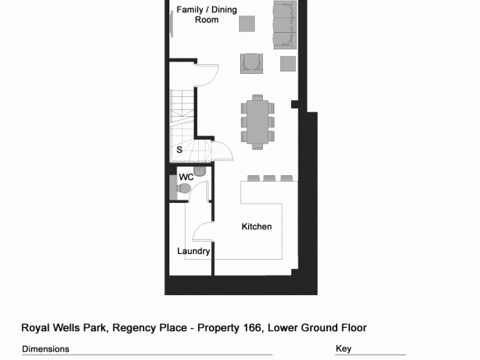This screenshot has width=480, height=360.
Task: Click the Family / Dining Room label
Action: tap(206, 15)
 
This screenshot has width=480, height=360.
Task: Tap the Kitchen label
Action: tap(256, 227)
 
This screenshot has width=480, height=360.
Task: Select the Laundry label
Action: tap(193, 252)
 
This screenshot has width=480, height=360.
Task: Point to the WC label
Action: tap(186, 177)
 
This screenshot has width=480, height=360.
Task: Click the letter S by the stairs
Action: tap(179, 150)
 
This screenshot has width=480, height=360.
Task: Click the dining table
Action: tap(257, 121)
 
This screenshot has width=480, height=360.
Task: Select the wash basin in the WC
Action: tap(200, 171)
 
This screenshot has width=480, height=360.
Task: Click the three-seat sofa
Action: tap(284, 25)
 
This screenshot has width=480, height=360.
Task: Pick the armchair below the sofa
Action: tap(252, 63)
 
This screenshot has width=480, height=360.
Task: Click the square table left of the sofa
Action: tap(247, 24)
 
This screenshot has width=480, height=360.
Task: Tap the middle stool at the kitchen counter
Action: tap(270, 178)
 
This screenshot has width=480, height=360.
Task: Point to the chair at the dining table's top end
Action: tap(257, 97)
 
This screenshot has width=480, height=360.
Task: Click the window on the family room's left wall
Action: tap(171, 24)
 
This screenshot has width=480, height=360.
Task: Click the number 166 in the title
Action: tap(252, 328)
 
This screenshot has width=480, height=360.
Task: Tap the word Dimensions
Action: tap(45, 349)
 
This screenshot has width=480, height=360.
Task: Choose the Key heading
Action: tap(344, 348)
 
